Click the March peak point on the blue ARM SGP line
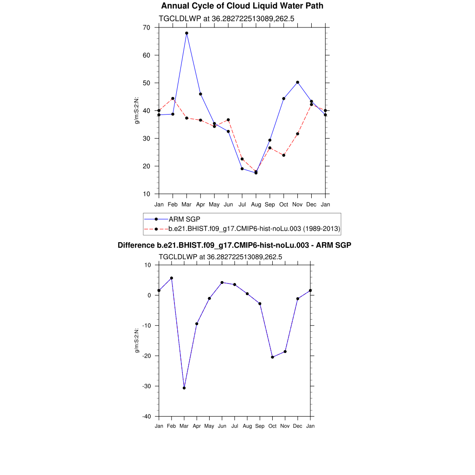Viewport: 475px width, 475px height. tap(186, 33)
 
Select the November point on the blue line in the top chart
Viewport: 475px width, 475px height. tap(297, 82)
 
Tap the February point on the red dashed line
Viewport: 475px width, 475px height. tap(173, 98)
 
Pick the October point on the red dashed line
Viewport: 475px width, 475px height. tap(283, 155)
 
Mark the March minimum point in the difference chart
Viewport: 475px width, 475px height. tap(184, 388)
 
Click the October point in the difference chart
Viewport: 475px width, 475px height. tap(272, 357)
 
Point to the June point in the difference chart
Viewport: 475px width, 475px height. tap(222, 282)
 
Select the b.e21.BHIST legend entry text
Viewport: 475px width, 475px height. tap(255, 229)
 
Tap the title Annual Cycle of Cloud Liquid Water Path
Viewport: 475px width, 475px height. tap(242, 6)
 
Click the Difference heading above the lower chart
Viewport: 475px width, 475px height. tap(234, 245)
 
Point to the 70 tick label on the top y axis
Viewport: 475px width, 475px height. tap(147, 27)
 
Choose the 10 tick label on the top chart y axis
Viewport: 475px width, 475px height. tap(147, 194)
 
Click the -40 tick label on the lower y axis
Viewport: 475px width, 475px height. tap(147, 416)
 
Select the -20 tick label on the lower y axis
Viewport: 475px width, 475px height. tap(147, 356)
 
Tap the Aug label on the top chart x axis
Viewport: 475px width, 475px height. tap(256, 205)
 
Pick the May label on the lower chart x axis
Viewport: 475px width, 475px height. tap(209, 426)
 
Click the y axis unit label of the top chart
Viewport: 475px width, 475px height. tap(137, 110)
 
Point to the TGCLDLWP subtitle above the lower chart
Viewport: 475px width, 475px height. tap(220, 257)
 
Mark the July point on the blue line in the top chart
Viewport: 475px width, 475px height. tap(242, 168)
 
